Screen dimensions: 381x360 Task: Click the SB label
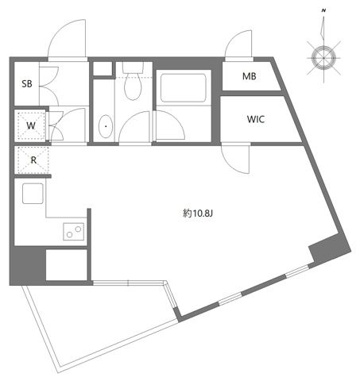pos(27,84)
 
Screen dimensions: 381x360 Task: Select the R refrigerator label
pos(33,159)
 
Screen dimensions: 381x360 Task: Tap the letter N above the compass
pos(323,10)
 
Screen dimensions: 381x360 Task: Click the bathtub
pos(183,87)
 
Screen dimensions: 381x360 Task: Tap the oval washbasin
pos(106,125)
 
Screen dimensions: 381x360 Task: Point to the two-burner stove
pos(75,232)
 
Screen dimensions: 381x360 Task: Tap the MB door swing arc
pos(239,47)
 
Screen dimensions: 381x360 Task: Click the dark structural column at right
pos(328,249)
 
